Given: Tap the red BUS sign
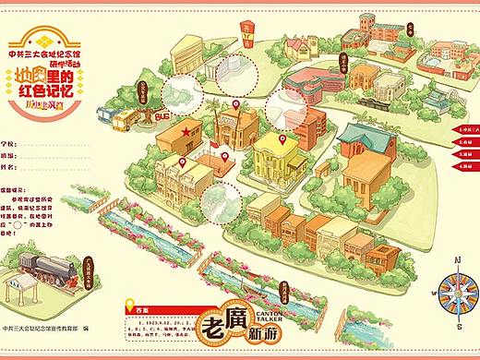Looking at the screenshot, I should point(162,119).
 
